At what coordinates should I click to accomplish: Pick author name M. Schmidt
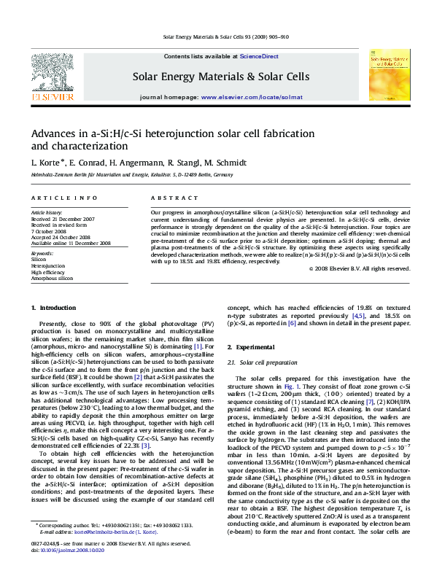coord(226,162)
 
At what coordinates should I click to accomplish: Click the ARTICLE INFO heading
coord(63,198)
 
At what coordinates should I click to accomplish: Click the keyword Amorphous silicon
coord(52,278)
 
